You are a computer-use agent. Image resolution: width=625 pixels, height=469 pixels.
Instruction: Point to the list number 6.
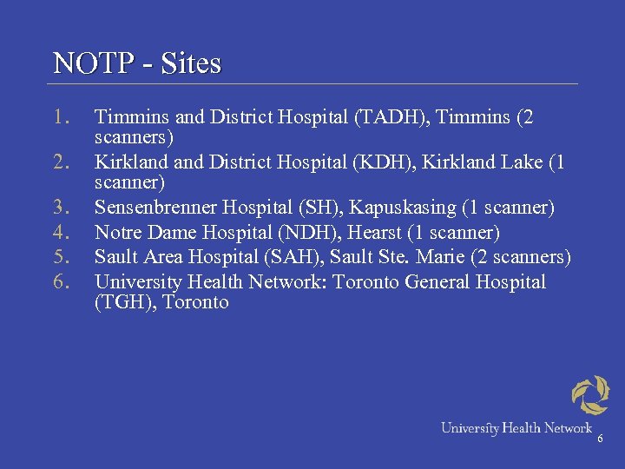pyautogui.click(x=60, y=281)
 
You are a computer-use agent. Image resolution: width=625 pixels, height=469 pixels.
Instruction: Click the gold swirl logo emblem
pyautogui.click(x=590, y=395)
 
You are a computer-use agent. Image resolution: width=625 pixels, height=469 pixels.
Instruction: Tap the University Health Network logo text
pyautogui.click(x=516, y=427)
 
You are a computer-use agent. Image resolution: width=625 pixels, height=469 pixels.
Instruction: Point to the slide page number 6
pyautogui.click(x=599, y=440)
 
